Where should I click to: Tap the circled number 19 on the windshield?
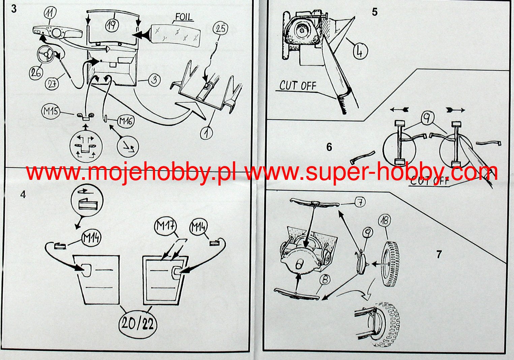112,25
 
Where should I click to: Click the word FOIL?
184,17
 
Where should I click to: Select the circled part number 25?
220,29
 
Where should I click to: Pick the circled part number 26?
36,73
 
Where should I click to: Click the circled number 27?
52,84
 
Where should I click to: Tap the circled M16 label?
126,121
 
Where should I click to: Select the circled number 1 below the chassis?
207,133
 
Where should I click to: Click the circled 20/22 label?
138,324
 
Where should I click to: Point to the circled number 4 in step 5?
360,52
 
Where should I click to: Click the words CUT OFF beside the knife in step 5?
298,86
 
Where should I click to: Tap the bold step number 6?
329,147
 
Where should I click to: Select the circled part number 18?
385,221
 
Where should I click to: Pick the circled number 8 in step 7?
326,280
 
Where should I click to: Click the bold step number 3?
14,9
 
